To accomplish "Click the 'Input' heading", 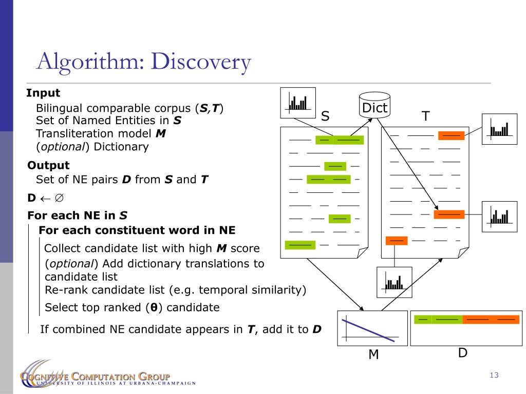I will [x=43, y=93].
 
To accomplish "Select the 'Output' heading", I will [x=48, y=165].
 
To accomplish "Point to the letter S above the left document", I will [x=325, y=116].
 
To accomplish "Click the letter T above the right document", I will [x=425, y=116].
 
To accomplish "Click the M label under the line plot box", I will [x=373, y=354].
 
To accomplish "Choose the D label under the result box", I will [x=462, y=353].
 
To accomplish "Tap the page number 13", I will [x=494, y=376].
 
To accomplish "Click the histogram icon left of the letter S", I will [x=298, y=103].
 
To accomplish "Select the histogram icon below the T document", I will [x=394, y=283].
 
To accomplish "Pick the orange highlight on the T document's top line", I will [x=452, y=135].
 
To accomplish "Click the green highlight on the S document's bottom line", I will [x=300, y=245].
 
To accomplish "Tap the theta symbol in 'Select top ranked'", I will [x=153, y=308].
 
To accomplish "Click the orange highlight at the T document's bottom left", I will [x=396, y=240].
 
